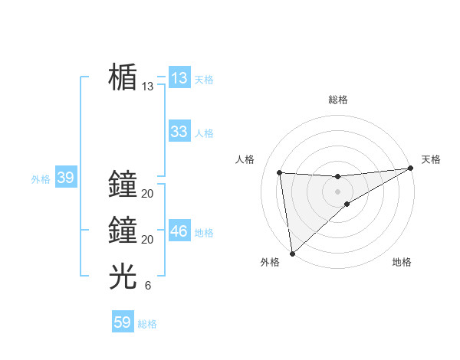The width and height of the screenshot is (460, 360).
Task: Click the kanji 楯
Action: point(123,77)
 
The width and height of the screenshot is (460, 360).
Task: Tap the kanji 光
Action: point(123,277)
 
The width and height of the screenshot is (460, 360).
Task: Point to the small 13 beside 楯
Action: point(148,87)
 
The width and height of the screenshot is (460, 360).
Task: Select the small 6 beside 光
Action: point(148,286)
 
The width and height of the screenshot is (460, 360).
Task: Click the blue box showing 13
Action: point(179,78)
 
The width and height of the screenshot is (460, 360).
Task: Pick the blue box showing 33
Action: point(179,132)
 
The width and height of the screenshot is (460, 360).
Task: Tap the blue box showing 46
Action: point(179,231)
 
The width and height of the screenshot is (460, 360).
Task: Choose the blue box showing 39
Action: point(65,178)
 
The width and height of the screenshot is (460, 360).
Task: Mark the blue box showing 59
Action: point(123,322)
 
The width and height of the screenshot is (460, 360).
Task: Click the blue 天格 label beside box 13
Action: point(204,80)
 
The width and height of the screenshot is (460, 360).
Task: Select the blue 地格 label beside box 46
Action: point(204,233)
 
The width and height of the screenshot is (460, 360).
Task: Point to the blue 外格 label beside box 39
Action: point(41,179)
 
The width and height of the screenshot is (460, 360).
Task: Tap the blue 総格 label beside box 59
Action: point(147,324)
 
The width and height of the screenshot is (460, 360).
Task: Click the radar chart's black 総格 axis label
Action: point(338,100)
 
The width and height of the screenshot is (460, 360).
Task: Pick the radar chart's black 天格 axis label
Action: point(431,159)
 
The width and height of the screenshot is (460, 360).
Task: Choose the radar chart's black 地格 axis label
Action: point(402,262)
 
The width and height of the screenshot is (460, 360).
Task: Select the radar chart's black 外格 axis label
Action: point(270,262)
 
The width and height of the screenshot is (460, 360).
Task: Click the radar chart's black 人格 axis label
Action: point(245,159)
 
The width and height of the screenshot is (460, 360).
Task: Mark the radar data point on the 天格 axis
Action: point(411,169)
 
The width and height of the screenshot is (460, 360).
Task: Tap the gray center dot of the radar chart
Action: point(338,191)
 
